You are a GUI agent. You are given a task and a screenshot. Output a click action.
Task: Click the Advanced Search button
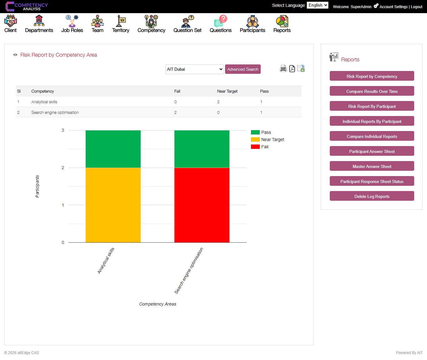(243, 69)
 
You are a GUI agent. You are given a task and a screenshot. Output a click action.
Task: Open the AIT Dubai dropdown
(194, 69)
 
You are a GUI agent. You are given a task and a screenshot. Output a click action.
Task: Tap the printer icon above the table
(283, 68)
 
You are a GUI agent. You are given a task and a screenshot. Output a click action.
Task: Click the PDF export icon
(292, 68)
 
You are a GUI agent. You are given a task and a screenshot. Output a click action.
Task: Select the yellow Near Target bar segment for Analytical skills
(113, 205)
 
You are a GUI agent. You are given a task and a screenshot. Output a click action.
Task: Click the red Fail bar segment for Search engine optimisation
(202, 205)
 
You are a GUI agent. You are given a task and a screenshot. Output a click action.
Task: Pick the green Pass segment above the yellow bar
(113, 149)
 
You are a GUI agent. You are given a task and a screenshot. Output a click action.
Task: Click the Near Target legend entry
(272, 139)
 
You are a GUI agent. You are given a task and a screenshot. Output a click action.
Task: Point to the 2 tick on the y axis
(63, 168)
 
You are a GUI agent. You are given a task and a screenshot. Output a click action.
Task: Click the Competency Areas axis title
(158, 304)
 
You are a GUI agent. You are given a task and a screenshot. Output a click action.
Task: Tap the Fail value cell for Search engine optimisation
(175, 112)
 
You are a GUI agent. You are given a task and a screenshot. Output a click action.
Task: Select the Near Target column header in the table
(227, 91)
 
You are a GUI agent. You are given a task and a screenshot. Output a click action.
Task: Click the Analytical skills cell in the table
(44, 102)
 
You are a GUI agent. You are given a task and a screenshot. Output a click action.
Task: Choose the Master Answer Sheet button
(372, 166)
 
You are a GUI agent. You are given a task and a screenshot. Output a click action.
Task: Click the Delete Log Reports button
(372, 196)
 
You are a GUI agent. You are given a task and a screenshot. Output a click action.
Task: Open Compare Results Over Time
(372, 91)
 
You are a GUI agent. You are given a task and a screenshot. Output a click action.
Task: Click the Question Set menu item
(187, 24)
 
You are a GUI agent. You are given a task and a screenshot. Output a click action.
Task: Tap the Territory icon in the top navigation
(121, 21)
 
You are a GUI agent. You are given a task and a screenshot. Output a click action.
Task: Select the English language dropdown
(317, 5)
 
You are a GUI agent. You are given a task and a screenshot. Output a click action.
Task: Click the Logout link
(416, 7)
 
